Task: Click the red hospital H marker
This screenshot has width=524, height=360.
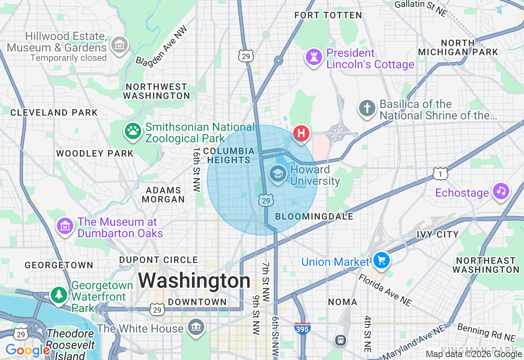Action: (x=301, y=133)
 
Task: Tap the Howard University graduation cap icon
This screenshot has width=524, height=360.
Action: (x=278, y=174)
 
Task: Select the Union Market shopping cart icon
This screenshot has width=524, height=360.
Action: (x=381, y=260)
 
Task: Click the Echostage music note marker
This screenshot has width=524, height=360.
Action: (x=501, y=191)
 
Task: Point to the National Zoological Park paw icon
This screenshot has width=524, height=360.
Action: (x=133, y=131)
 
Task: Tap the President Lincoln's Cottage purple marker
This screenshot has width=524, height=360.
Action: (x=314, y=57)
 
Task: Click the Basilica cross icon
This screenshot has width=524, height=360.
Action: (x=367, y=108)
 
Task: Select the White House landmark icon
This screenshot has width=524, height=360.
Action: (x=196, y=326)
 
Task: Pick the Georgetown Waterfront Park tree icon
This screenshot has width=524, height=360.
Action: (x=59, y=295)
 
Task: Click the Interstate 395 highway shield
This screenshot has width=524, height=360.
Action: (x=302, y=328)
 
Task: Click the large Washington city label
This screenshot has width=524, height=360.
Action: (x=194, y=281)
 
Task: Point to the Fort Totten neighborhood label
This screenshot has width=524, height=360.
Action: (x=328, y=16)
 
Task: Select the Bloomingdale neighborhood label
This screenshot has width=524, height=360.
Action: (x=314, y=217)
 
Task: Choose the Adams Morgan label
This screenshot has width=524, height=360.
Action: (x=163, y=195)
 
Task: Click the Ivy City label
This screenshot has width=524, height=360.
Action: (x=438, y=234)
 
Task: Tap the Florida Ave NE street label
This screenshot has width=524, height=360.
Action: (x=385, y=290)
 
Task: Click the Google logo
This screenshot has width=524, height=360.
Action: (x=27, y=350)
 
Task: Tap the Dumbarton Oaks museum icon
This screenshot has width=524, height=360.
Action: (x=65, y=226)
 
